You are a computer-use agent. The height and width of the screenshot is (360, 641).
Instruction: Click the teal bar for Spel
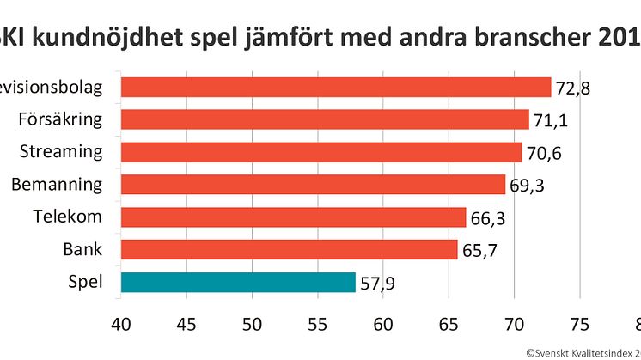(x=238, y=282)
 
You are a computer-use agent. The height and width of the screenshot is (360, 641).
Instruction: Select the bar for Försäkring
(x=325, y=119)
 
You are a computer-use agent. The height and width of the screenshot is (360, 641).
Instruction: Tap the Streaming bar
(x=321, y=152)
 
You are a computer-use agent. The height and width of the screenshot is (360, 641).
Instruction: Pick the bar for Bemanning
(x=313, y=185)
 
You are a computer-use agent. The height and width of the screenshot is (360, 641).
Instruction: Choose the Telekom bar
(x=293, y=217)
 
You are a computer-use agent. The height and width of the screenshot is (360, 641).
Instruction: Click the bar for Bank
(x=289, y=249)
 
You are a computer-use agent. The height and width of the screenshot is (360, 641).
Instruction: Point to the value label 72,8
(x=573, y=88)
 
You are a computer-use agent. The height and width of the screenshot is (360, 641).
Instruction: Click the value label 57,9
(x=378, y=283)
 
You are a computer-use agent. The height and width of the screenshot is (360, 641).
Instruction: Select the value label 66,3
(x=488, y=218)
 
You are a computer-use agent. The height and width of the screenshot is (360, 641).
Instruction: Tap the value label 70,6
(x=544, y=153)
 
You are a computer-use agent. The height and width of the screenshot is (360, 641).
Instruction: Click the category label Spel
(x=85, y=282)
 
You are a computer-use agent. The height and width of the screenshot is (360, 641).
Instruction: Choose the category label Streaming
(x=61, y=152)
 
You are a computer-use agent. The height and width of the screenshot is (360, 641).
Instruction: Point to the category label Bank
(x=82, y=249)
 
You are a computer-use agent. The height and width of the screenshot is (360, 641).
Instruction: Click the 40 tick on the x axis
(x=121, y=326)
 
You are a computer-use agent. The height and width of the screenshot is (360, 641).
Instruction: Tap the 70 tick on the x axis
(x=514, y=326)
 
